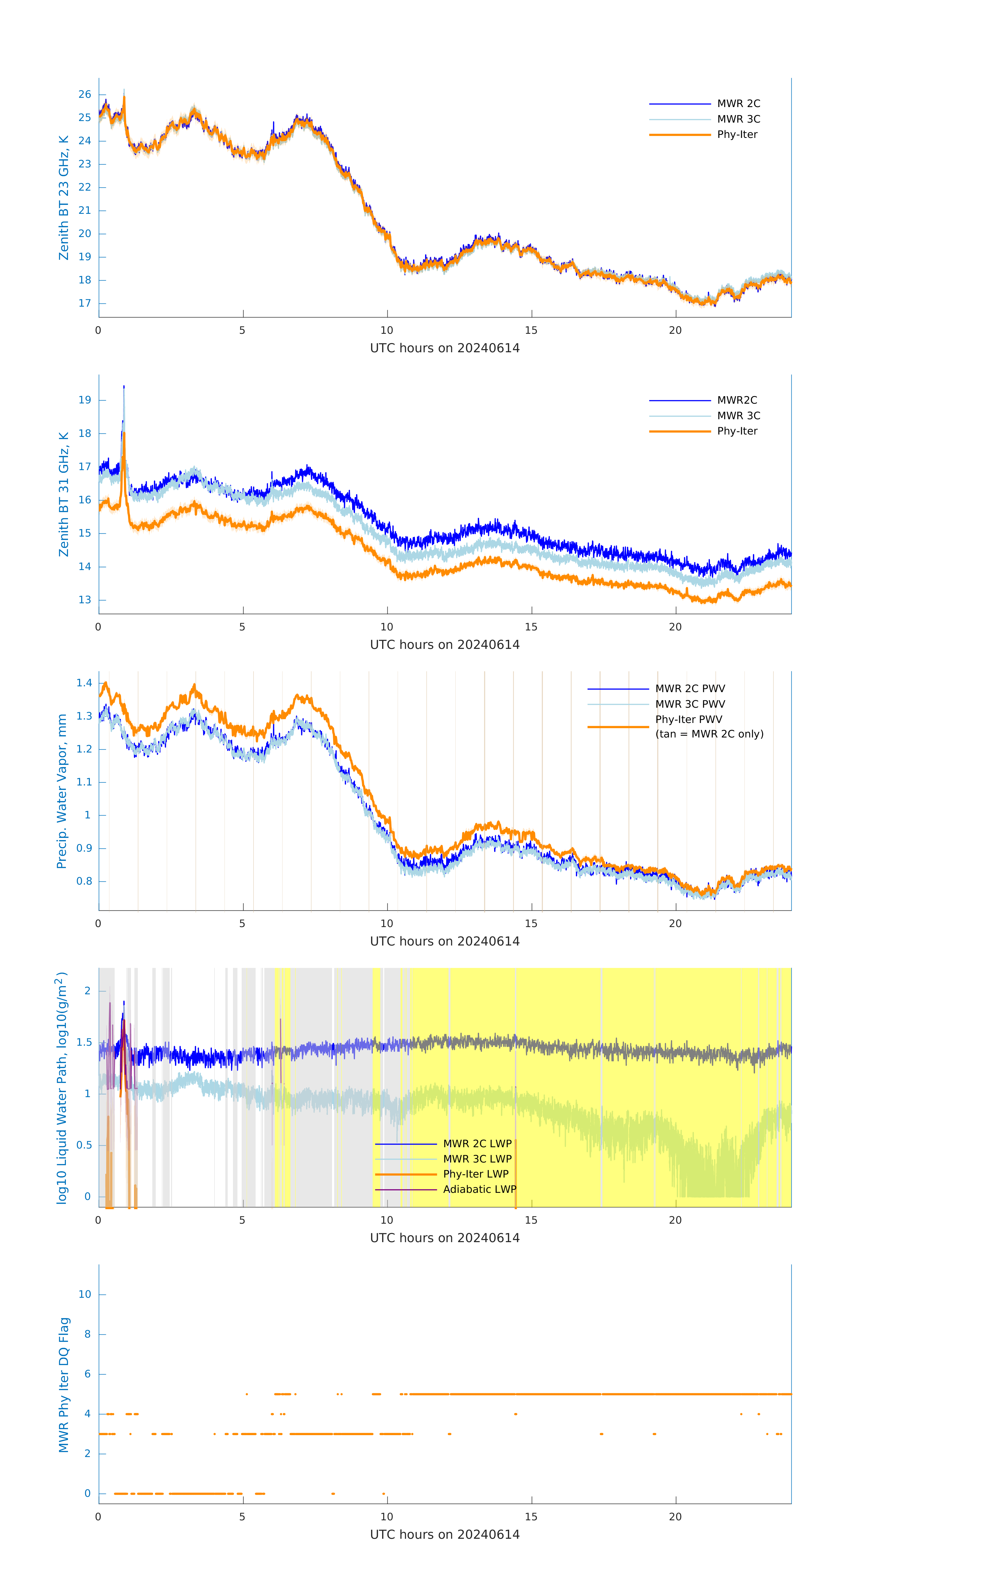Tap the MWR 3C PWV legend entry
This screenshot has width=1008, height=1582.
coord(689,704)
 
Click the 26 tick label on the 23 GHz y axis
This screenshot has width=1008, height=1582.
coord(85,95)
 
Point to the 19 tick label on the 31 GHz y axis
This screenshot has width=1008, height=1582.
coord(85,400)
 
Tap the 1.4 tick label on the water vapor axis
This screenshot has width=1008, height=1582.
coord(84,683)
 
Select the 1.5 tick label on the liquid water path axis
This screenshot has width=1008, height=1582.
coord(84,1043)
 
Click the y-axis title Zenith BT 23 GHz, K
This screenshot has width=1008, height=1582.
coord(64,198)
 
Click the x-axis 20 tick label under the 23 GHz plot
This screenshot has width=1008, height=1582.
coord(675,330)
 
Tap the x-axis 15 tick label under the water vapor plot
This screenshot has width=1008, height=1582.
coord(530,924)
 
